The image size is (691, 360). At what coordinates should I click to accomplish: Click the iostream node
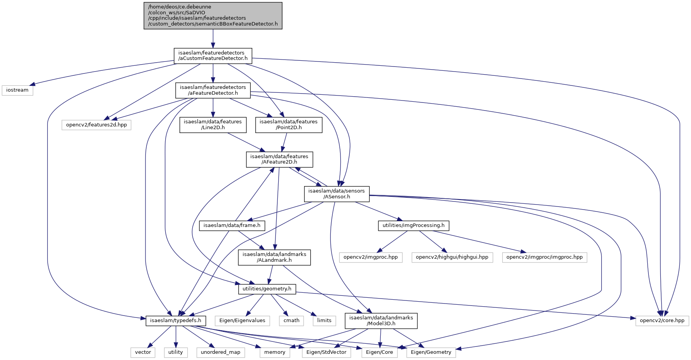coord(17,90)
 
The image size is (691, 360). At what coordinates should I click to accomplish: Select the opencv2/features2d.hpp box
coord(96,125)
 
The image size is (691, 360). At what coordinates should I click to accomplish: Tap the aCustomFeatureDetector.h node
coord(213,56)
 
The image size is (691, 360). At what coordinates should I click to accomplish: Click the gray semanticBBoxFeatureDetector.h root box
coord(213,15)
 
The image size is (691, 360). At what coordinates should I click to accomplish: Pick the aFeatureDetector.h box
coord(213,90)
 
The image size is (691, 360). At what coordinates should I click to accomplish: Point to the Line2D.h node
coord(213,125)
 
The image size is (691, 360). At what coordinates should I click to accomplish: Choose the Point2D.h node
coord(289,125)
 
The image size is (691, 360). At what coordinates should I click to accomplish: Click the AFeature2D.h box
coord(279,159)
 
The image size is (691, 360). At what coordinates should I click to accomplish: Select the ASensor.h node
coord(337,194)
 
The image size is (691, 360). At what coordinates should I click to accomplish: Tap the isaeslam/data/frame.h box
coord(232,225)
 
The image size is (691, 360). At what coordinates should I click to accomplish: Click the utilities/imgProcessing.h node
coord(414,225)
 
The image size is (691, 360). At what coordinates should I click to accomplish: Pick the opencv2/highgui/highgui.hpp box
coord(452,257)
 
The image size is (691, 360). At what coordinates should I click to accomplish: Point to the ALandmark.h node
coord(274,258)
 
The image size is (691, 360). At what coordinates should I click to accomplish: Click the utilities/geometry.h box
coord(267,289)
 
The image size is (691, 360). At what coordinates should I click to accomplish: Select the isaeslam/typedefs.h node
coord(176,321)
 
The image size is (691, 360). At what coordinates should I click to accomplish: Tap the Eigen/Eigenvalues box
coord(242,321)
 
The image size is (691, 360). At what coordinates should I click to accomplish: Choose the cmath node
coord(291,321)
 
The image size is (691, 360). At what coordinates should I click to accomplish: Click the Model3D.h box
coord(381,321)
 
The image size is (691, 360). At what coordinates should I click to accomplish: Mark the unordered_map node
coord(221,352)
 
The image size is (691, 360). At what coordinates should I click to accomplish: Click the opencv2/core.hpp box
coord(662,321)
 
